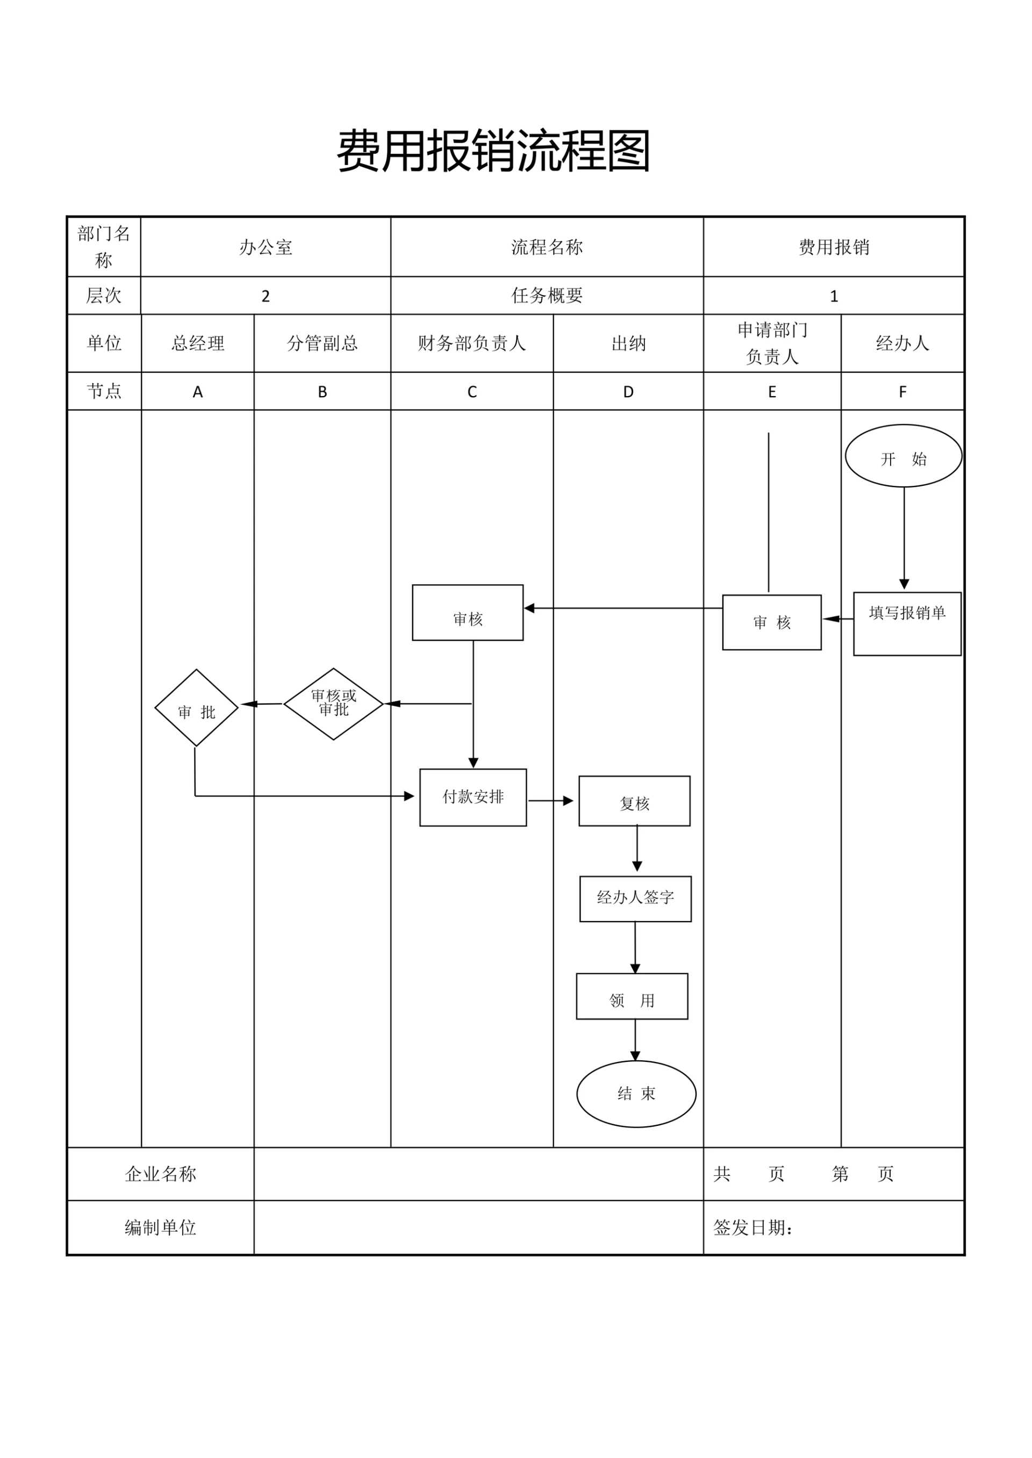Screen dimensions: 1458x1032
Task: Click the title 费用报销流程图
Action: point(493,151)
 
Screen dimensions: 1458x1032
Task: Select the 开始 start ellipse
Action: point(903,456)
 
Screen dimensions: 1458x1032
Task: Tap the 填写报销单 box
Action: point(907,623)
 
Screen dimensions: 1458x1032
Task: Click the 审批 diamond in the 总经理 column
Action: point(196,707)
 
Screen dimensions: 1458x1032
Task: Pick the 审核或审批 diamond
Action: point(333,703)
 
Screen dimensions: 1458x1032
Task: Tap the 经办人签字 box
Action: point(635,899)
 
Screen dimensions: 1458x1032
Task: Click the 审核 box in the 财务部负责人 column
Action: point(468,613)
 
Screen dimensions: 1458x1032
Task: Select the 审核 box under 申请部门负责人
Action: point(771,622)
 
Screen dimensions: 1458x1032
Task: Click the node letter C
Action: point(471,391)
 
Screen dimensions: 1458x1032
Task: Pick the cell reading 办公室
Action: point(266,247)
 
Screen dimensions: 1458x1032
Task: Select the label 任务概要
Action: point(547,296)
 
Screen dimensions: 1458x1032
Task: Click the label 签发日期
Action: point(753,1227)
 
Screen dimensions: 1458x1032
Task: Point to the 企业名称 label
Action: point(160,1174)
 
